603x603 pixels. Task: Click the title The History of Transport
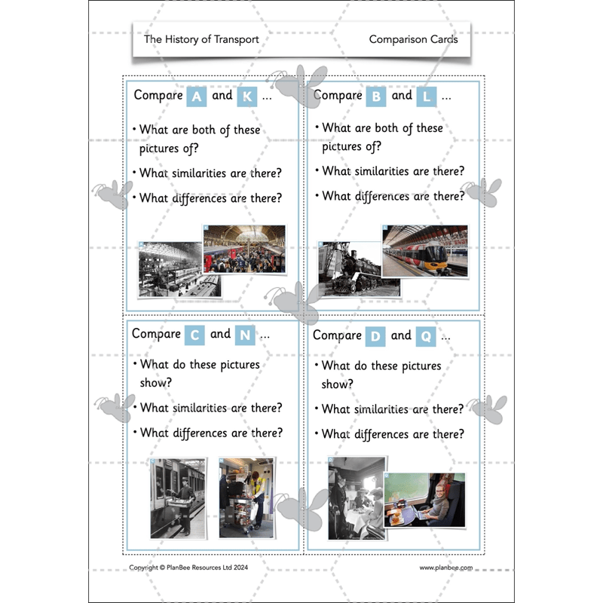[201, 39]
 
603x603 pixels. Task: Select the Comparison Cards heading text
[413, 39]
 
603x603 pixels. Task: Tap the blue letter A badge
[196, 96]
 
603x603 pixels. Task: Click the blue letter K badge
[246, 96]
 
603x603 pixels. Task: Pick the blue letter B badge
[375, 96]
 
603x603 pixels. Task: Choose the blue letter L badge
[427, 96]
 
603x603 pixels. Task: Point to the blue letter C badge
[194, 335]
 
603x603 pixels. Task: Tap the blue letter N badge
[244, 335]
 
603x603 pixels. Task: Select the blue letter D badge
[375, 336]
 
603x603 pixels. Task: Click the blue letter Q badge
[425, 336]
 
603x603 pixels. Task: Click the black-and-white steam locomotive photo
[358, 268]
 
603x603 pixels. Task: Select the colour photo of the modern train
[424, 250]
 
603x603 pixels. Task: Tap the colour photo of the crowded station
[244, 249]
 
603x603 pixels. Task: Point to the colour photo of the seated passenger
[425, 498]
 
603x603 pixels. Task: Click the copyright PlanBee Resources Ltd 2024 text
[188, 568]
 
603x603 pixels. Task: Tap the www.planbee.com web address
[446, 568]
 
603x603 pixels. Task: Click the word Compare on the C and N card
[157, 334]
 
